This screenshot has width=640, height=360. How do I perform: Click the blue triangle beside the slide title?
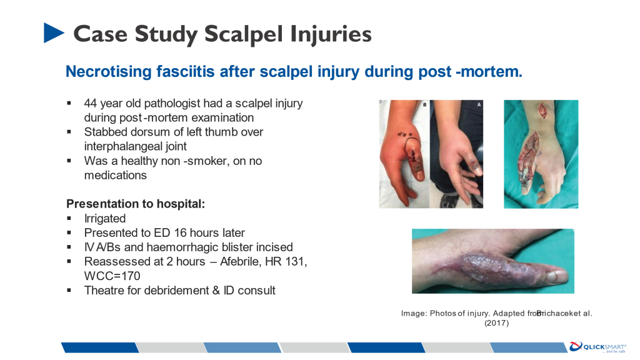[54, 32]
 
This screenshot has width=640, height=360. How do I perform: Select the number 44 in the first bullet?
[91, 103]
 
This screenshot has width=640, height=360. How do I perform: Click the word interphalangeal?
[135, 146]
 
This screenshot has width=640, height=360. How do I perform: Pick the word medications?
[115, 175]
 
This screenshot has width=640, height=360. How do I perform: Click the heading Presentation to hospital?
[136, 204]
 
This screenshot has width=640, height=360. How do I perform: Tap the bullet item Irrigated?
[105, 219]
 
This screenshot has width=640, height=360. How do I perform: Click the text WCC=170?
[112, 276]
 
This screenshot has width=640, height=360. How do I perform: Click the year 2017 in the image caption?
[496, 323]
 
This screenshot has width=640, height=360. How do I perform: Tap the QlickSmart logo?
[598, 347]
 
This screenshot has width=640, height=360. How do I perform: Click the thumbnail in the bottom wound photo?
[557, 276]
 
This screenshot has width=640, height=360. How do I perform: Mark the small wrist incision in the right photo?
[543, 111]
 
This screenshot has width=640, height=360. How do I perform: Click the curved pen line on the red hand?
[412, 145]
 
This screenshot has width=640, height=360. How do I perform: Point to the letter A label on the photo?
[479, 105]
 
